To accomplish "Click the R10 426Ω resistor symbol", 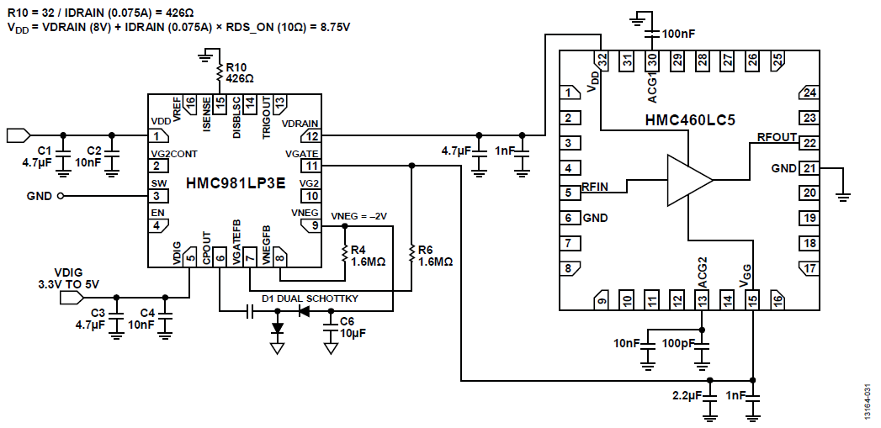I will coord(220,74).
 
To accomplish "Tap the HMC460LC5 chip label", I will coord(690,120).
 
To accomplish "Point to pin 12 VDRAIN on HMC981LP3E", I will coord(312,135).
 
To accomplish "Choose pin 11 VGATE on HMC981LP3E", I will coord(312,166).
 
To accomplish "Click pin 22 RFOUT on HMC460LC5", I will coord(809,143).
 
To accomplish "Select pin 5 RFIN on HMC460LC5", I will coord(570,193).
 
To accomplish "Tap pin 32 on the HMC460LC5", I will coord(601,61).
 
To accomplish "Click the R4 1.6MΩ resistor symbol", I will coord(344,253).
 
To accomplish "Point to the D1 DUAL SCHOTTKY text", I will coord(310,299).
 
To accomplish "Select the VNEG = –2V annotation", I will coord(359,216).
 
